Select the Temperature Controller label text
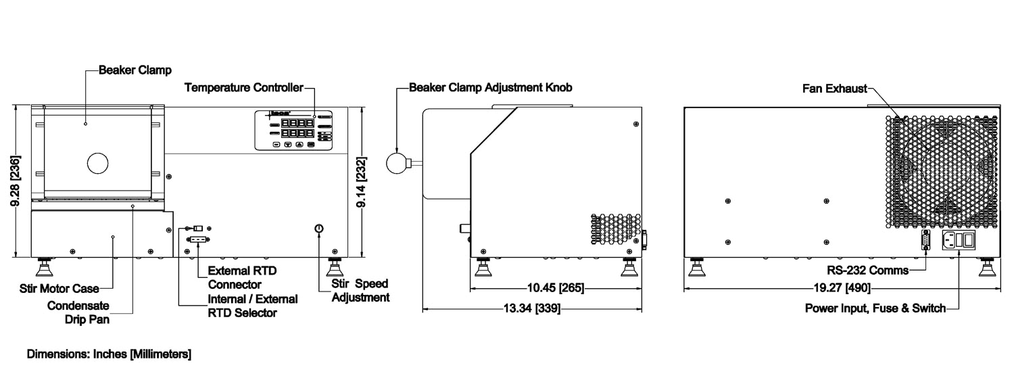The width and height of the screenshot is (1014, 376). [x=244, y=88]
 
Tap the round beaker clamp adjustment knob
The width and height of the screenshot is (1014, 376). [x=396, y=162]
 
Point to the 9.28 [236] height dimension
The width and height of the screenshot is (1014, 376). [x=18, y=181]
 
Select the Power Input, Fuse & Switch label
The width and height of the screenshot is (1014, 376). [x=875, y=309]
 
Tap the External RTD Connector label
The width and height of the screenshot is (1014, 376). [x=237, y=277]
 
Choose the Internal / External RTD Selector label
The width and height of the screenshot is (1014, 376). [x=252, y=305]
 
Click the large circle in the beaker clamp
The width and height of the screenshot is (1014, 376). [x=97, y=162]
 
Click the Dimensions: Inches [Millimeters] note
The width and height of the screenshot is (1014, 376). [x=109, y=354]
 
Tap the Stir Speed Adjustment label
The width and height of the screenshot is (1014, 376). [x=360, y=290]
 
